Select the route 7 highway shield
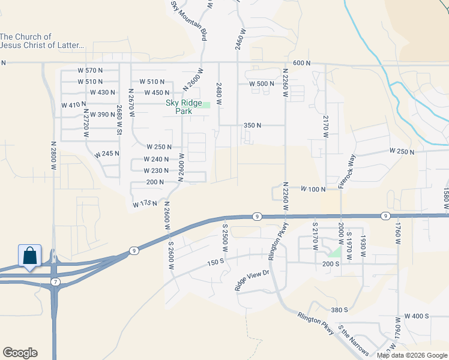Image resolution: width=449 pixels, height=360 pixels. click(55, 281)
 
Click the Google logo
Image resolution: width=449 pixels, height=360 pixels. click(20, 353)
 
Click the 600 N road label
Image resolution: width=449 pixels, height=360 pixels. click(302, 63)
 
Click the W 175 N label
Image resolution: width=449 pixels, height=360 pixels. click(146, 204)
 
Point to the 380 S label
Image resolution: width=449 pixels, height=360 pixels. click(339, 310)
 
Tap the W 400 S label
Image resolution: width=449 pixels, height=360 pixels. click(417, 316)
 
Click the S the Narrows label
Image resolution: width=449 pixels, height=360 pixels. click(352, 340)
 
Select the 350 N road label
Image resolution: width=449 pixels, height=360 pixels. click(252, 125)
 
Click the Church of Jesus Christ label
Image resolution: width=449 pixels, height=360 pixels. click(41, 41)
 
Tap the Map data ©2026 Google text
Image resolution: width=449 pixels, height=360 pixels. click(412, 355)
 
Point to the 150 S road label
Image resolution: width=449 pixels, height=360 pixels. click(215, 263)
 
